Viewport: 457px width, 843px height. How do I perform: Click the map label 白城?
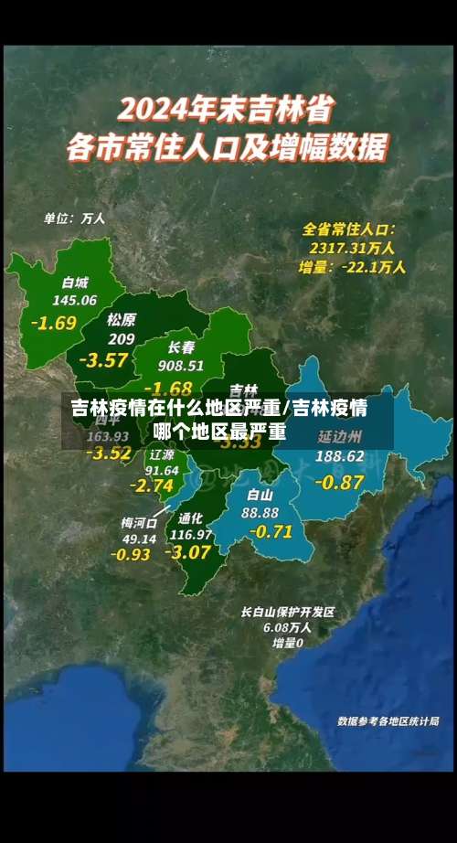[x=76, y=283]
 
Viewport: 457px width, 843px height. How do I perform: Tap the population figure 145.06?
[x=75, y=300]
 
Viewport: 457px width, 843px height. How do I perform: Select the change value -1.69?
[x=53, y=323]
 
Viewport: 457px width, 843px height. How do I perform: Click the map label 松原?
[x=121, y=319]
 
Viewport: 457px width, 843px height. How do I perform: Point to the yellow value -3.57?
[x=103, y=359]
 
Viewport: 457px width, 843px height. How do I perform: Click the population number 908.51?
[x=180, y=365]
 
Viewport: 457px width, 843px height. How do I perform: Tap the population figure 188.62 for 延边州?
[x=339, y=455]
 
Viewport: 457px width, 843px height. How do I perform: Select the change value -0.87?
[x=339, y=482]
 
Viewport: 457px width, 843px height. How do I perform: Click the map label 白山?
[x=260, y=495]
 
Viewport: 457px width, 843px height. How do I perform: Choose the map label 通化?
[x=191, y=518]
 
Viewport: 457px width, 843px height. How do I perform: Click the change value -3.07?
[x=187, y=552]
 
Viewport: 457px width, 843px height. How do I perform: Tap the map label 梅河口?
[x=139, y=522]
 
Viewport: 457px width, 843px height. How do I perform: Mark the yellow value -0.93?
[x=131, y=554]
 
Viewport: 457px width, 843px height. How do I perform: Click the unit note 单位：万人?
[x=75, y=219]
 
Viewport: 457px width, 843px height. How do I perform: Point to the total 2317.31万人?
[x=352, y=248]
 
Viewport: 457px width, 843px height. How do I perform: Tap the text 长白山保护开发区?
[x=288, y=612]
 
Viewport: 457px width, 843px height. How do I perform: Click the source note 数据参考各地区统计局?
[x=388, y=720]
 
